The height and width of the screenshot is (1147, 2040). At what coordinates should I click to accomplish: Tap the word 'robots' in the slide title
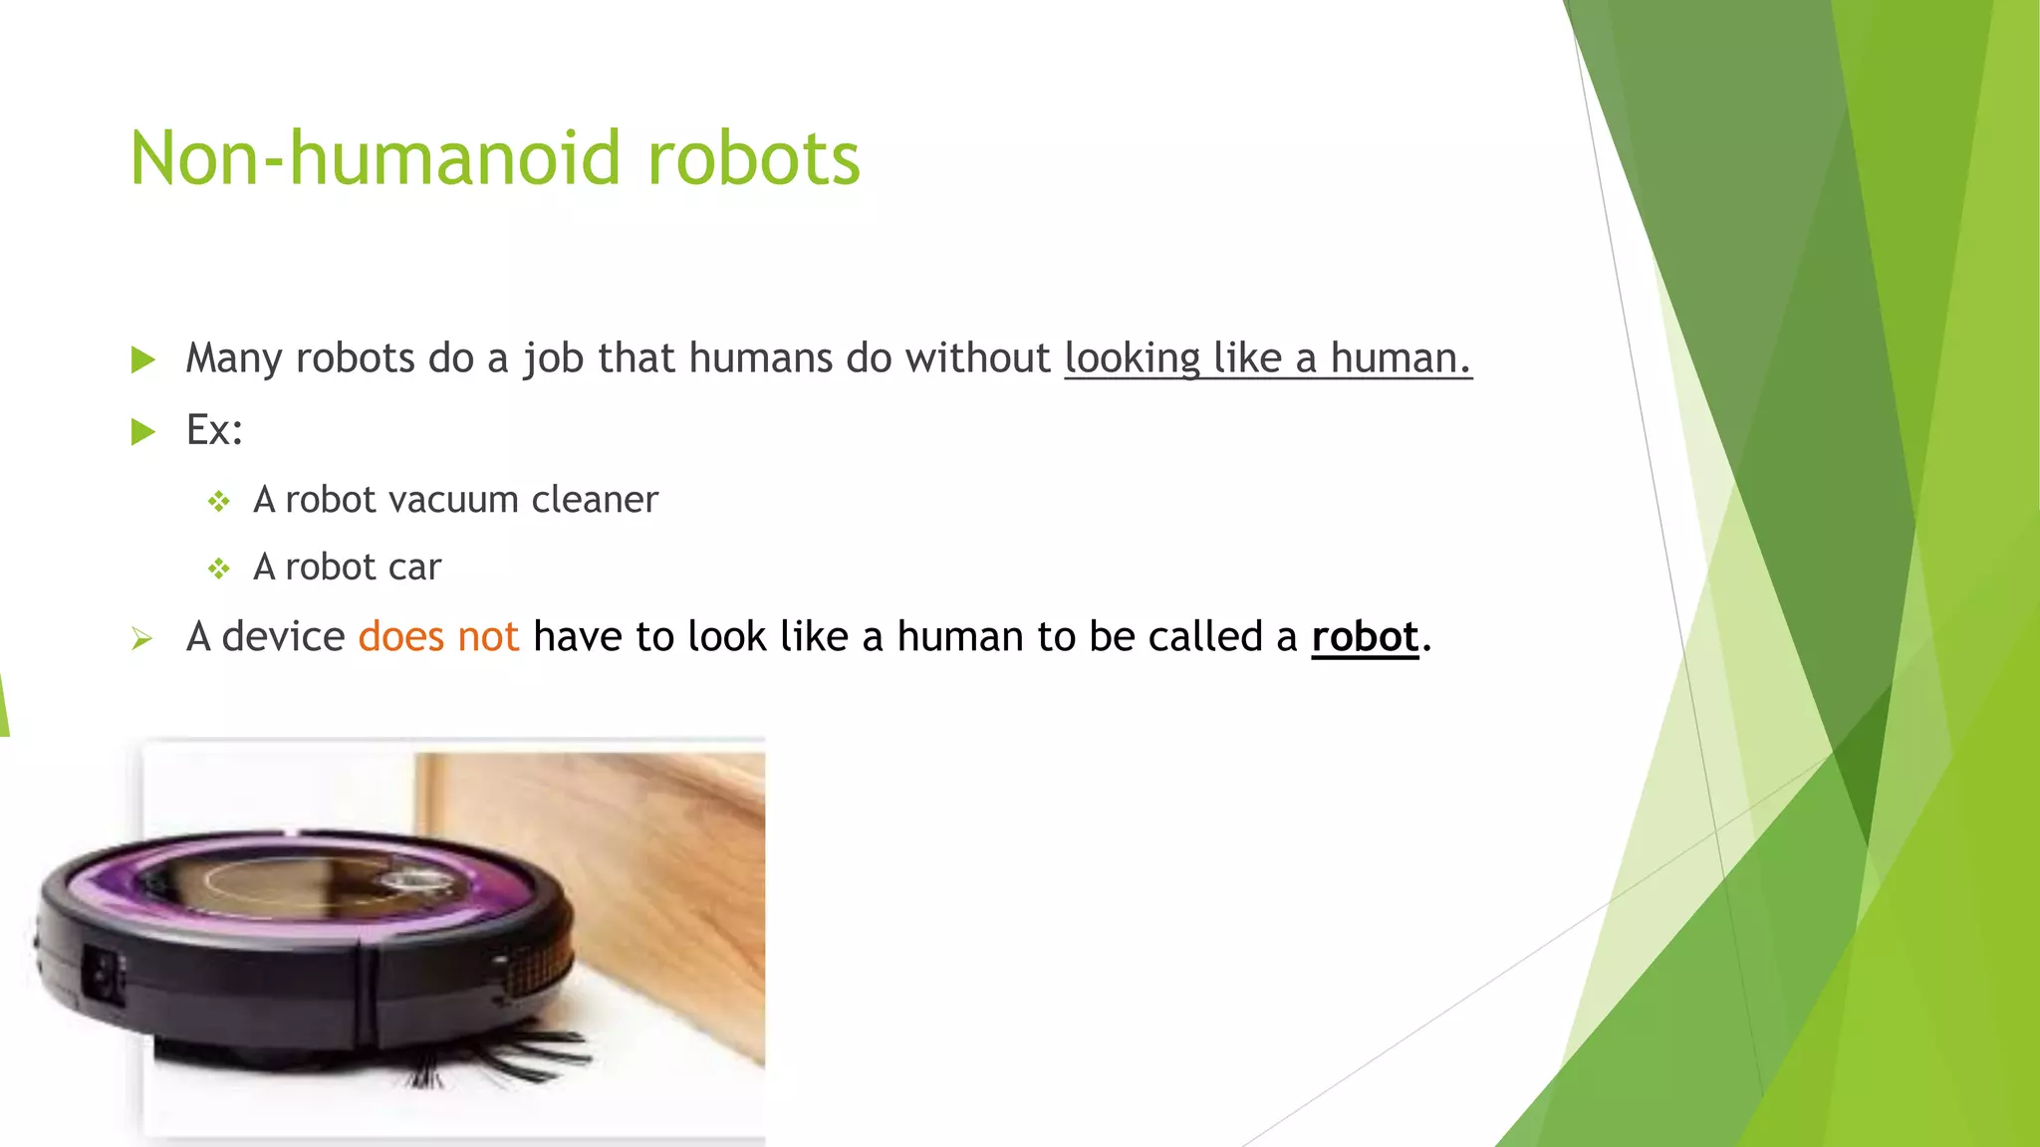753,159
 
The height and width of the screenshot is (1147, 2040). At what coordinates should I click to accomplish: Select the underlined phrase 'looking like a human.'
1267,358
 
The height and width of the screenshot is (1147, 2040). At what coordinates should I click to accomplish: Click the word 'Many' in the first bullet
234,358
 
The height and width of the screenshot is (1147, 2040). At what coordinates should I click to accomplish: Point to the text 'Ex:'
214,430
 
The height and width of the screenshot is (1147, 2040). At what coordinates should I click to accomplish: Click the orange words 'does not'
438,637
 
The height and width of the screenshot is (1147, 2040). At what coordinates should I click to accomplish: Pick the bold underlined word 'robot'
1364,637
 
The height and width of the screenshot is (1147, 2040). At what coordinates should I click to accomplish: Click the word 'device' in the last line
283,637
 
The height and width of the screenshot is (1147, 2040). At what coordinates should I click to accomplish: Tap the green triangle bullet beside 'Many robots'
143,359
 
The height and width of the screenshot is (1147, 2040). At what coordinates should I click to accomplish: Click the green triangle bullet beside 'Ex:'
143,431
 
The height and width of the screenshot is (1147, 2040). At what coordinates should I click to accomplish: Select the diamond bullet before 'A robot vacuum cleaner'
219,501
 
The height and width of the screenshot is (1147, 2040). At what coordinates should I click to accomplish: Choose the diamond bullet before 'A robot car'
219,569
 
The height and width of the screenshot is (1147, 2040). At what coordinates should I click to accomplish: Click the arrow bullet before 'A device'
141,638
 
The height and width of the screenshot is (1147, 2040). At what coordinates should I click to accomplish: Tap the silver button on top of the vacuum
411,880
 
